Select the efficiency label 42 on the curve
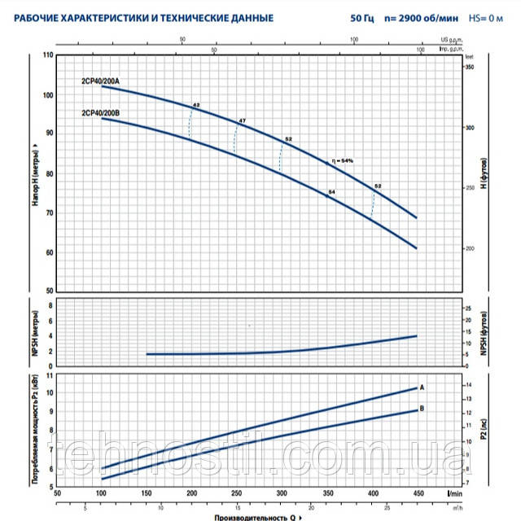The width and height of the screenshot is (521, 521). (196, 106)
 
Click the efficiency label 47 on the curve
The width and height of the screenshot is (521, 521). (242, 121)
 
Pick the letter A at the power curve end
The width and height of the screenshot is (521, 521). (422, 387)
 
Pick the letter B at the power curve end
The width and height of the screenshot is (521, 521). (422, 409)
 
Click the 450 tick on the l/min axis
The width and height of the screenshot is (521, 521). (416, 494)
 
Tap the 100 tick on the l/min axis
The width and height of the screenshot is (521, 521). (102, 494)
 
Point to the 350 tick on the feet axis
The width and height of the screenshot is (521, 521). (469, 68)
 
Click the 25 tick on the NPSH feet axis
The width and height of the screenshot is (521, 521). (467, 309)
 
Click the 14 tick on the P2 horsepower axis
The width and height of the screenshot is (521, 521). (467, 383)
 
